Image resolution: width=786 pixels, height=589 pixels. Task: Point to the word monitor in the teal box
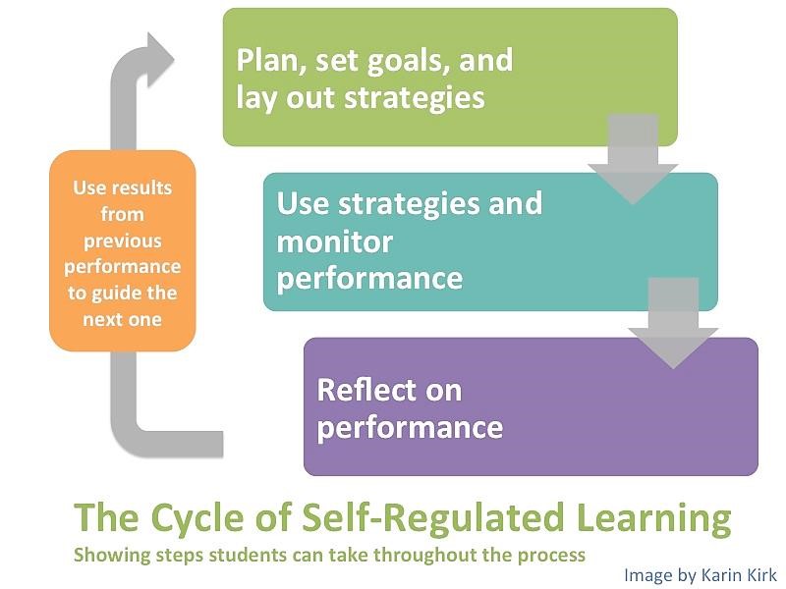[334, 242]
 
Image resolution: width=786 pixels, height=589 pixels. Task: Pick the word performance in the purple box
[410, 428]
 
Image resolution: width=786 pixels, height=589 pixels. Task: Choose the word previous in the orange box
[122, 241]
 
